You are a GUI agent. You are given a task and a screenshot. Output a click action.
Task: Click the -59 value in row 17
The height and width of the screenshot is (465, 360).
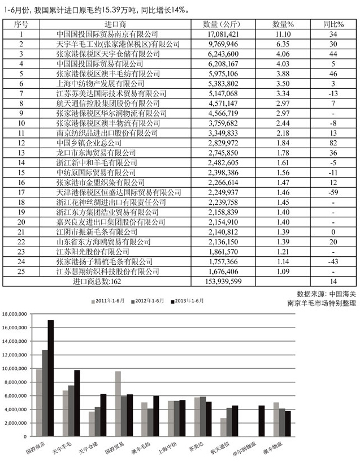(x=333, y=192)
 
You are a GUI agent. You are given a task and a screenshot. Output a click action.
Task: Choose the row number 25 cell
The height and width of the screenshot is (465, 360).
(x=20, y=271)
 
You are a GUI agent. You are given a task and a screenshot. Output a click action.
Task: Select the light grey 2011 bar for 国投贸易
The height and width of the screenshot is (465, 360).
(x=118, y=403)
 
